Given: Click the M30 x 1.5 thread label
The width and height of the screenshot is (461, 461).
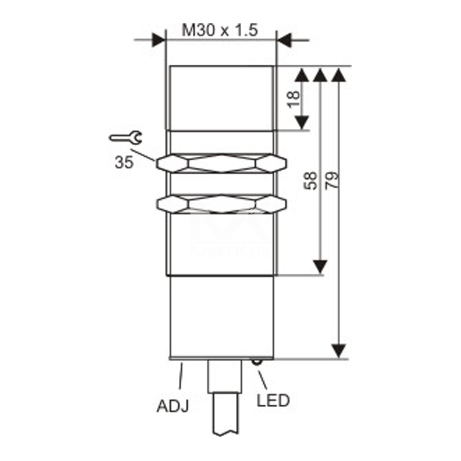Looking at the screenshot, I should tap(219, 30).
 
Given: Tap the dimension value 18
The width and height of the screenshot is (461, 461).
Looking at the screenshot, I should tap(294, 99).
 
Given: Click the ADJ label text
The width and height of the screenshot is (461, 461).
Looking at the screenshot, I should tap(173, 406).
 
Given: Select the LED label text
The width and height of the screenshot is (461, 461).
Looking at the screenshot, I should tap(273, 400).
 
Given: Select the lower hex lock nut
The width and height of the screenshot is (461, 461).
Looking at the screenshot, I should tap(221, 203).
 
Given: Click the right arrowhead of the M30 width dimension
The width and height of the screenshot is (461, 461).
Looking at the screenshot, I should tap(283, 40).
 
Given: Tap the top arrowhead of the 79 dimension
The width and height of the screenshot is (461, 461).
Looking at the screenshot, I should tap(339, 76).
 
